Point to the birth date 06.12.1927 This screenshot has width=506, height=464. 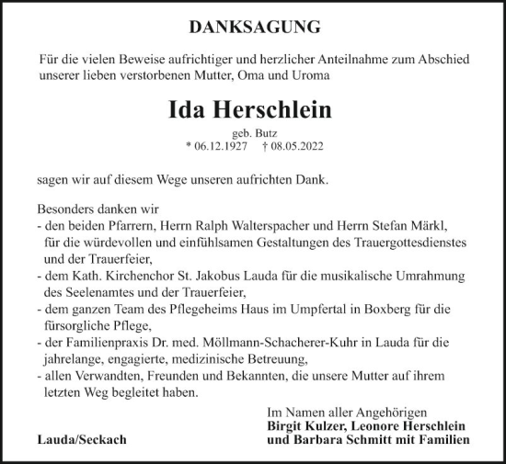point(216,146)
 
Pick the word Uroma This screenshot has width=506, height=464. point(305,75)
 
